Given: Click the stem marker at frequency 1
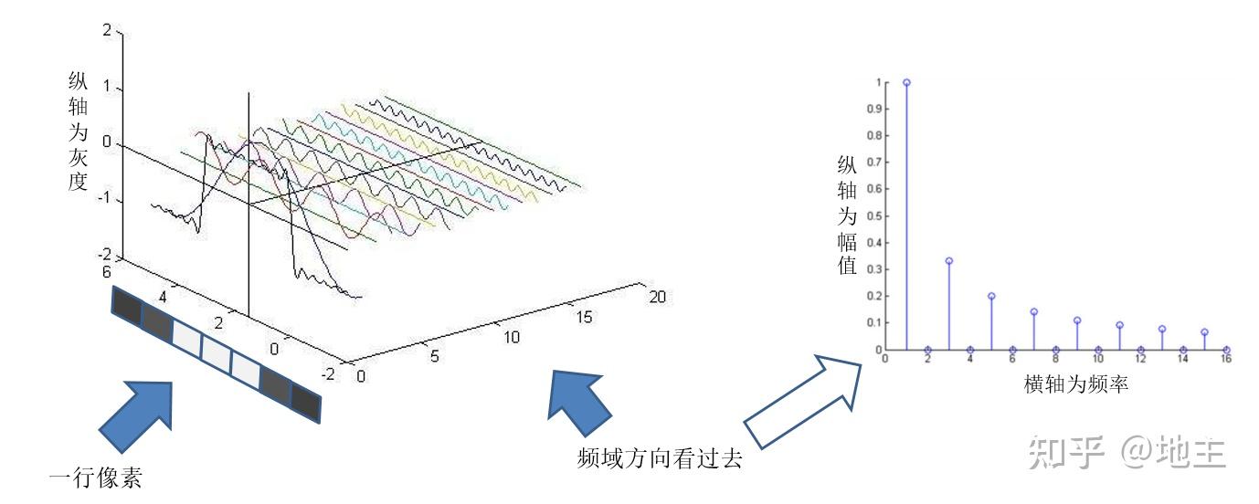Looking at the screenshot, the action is coord(906,82).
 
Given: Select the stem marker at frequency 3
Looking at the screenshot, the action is coord(949,261).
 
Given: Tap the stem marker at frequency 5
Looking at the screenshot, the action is coord(991,296).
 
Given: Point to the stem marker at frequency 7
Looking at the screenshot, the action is coord(1034,312).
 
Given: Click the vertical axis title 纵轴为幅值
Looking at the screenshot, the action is coord(847,216).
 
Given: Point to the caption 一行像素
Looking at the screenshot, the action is coord(95,478).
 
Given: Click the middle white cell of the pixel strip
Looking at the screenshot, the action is coord(217,351).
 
